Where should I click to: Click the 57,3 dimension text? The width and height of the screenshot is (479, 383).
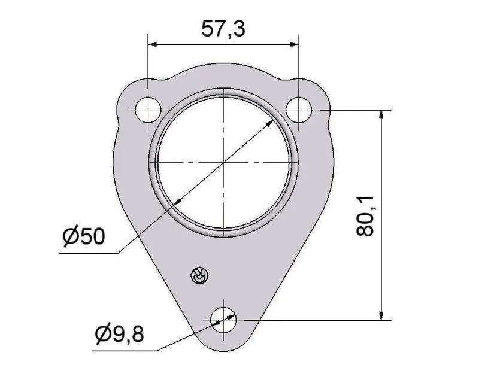click(223, 29)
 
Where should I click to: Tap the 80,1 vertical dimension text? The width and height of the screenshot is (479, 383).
click(365, 216)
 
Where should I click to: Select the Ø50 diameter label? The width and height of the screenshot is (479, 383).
click(83, 236)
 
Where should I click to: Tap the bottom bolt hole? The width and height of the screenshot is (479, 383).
click(223, 320)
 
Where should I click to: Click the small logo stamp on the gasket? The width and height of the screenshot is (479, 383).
click(199, 275)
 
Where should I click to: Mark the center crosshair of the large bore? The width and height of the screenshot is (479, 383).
click(224, 162)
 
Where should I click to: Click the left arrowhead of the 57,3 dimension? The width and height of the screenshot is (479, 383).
click(152, 45)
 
